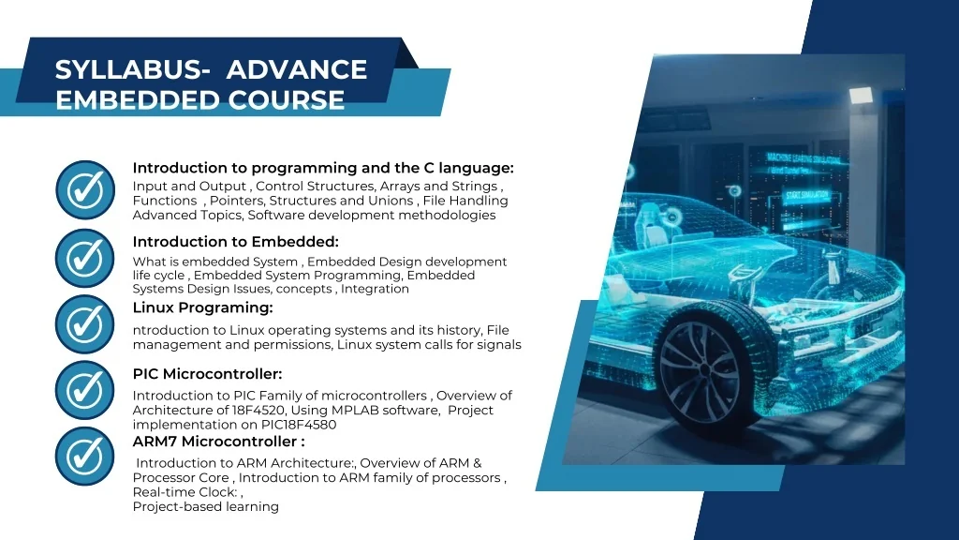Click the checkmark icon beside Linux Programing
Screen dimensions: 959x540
coord(85,324)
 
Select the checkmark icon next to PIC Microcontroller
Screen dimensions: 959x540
coord(85,391)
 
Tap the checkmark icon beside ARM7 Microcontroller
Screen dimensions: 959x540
coord(85,457)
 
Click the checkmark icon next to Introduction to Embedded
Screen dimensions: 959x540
coord(85,259)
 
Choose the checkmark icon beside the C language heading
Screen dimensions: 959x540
coord(85,190)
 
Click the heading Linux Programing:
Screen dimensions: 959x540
coord(202,307)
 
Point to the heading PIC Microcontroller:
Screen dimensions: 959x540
coord(207,374)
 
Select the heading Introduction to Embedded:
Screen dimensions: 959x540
coord(235,242)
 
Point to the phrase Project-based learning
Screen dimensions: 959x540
coord(205,507)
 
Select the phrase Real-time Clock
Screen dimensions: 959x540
coord(184,492)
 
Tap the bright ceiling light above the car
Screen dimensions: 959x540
coord(861,96)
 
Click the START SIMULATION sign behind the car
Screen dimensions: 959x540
coord(808,197)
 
